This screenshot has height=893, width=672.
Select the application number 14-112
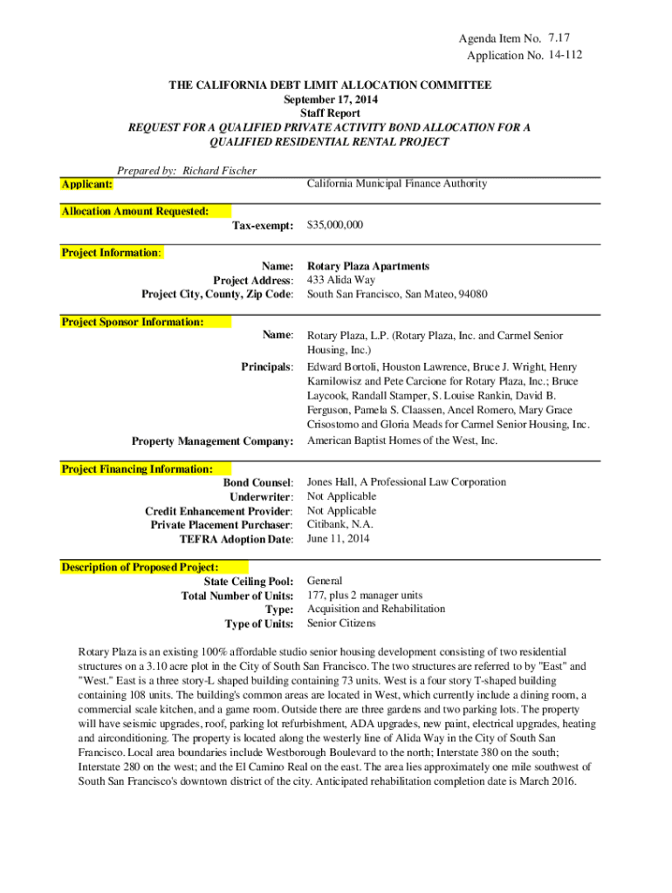click(x=566, y=56)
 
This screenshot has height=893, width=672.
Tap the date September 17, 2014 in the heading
click(x=330, y=99)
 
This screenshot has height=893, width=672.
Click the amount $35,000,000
click(x=336, y=225)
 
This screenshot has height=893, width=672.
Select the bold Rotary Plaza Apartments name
click(x=368, y=266)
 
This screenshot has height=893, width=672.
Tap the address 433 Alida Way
click(x=341, y=280)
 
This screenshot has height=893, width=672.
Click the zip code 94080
click(x=472, y=294)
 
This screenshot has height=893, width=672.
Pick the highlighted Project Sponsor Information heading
click(x=133, y=322)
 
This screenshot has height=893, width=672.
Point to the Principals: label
click(x=267, y=367)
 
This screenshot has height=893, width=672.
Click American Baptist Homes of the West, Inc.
click(x=402, y=440)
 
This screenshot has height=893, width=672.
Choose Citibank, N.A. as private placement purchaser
click(x=340, y=524)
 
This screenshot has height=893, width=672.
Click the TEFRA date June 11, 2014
click(x=339, y=538)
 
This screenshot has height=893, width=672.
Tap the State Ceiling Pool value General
click(x=325, y=580)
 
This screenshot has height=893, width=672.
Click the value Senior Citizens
click(x=341, y=623)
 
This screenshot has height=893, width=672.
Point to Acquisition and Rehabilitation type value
click(x=376, y=609)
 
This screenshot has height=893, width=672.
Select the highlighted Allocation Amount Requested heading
click(x=135, y=211)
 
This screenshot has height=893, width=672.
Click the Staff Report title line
click(x=330, y=113)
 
